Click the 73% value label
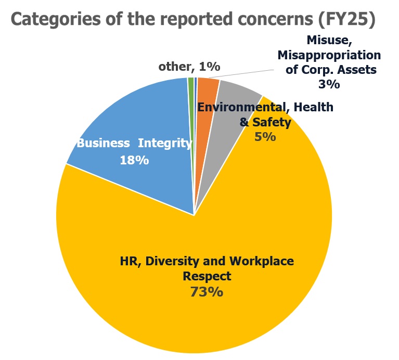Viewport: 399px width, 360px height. pos(207,292)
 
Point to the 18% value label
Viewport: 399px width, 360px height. pos(134,160)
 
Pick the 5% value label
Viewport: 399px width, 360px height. pos(265,137)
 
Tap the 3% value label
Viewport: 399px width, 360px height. pos(329,84)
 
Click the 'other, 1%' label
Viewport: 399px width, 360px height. pos(189,67)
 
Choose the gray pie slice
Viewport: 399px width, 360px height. pos(234,99)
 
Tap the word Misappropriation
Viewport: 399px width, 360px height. pos(329,55)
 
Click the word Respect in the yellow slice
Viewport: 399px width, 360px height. pos(207,276)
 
